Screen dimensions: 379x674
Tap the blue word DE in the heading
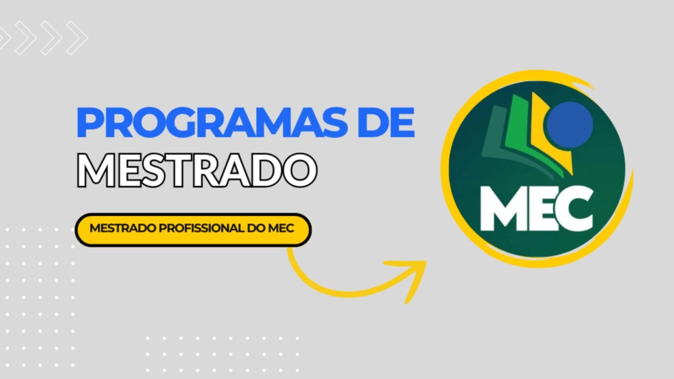point(386,123)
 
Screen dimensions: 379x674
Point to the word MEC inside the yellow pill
point(281,228)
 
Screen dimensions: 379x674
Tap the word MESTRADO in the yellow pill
point(123,228)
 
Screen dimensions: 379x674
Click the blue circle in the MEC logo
point(570,125)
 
